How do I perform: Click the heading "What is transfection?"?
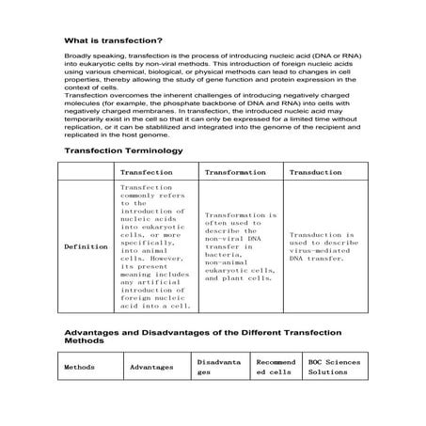click(x=113, y=40)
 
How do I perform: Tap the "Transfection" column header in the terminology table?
click(x=147, y=173)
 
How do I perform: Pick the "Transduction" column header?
click(x=315, y=173)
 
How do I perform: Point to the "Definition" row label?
click(x=86, y=246)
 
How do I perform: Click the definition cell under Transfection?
click(x=156, y=246)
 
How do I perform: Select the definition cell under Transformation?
click(x=241, y=246)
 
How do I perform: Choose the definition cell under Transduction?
click(x=323, y=246)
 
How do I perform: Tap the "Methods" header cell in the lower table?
click(x=80, y=367)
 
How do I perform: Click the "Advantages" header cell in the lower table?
click(x=151, y=367)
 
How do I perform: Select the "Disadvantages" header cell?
click(x=219, y=367)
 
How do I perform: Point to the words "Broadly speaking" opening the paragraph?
click(x=88, y=58)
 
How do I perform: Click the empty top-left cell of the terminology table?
click(x=86, y=173)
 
